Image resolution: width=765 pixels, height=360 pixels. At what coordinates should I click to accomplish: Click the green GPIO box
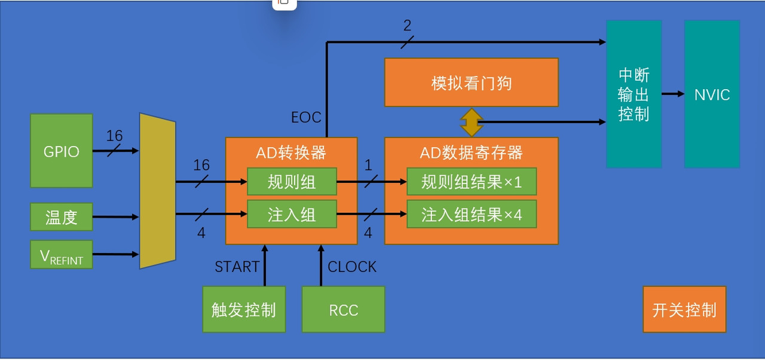(x=62, y=151)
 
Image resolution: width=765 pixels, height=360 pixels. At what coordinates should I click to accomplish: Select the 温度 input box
(x=62, y=217)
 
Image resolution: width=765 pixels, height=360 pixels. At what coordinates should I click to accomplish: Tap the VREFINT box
(x=62, y=255)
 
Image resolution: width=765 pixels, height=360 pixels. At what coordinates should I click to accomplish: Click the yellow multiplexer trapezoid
(x=157, y=191)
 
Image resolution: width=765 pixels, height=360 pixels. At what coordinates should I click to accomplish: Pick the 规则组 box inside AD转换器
(x=292, y=182)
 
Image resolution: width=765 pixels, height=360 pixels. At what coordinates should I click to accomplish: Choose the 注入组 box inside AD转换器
(x=292, y=214)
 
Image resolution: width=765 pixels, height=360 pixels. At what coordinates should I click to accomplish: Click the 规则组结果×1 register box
(x=471, y=182)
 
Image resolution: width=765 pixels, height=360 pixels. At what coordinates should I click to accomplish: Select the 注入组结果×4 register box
(x=471, y=214)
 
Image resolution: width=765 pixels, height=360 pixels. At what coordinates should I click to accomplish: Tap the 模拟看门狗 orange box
(x=471, y=83)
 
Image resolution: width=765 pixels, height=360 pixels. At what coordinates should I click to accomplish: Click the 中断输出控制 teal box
(x=634, y=94)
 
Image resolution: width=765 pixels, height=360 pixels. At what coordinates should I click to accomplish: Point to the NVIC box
(x=712, y=94)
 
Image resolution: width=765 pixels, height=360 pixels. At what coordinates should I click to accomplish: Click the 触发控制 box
(x=244, y=310)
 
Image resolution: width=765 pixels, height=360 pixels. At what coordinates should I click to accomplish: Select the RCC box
(x=343, y=310)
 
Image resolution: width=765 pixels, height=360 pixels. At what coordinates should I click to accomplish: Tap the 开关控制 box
(x=684, y=310)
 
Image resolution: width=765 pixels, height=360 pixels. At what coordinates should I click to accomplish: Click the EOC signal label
(x=306, y=117)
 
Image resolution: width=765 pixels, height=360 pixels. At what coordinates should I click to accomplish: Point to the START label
(x=237, y=267)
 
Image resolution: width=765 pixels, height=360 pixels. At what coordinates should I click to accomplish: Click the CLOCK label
(x=352, y=267)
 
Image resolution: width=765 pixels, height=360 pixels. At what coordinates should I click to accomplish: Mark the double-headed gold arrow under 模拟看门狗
(x=471, y=122)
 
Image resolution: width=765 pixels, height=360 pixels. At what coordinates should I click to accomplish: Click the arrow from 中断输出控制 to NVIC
(x=673, y=94)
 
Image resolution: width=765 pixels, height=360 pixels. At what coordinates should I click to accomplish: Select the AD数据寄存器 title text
(x=471, y=153)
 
